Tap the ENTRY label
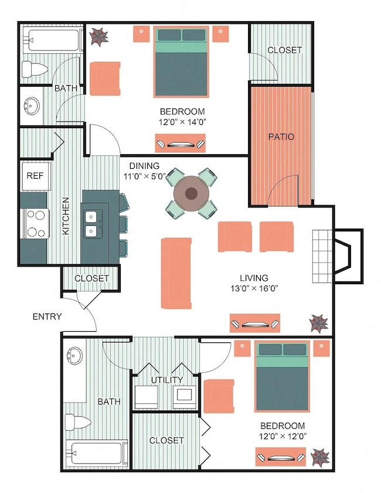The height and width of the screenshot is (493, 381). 47,317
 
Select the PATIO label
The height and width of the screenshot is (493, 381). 281,137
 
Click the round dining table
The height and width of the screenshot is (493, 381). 192,193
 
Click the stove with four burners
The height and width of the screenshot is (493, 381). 35,223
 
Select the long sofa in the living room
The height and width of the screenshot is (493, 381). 176,273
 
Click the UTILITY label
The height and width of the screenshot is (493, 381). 164,380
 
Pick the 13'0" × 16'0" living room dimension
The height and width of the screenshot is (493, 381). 254,288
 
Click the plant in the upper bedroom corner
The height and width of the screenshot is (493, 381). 99,36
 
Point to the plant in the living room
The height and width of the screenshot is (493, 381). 319,322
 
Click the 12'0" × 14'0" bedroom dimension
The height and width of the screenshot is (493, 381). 182,122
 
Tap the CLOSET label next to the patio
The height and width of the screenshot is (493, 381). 284,50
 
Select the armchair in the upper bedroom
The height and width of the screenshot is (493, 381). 105,79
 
